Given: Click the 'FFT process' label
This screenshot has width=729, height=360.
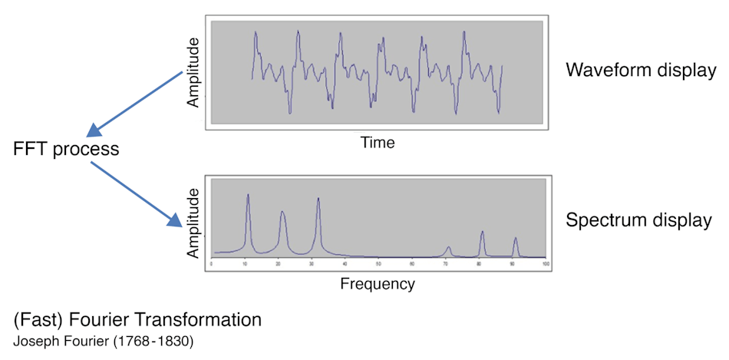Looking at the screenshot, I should [x=66, y=149].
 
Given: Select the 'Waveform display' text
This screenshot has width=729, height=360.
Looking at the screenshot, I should [x=640, y=70].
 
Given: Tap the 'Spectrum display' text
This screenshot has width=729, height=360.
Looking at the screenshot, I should [x=638, y=220].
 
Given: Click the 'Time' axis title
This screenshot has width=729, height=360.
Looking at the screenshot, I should [x=377, y=142].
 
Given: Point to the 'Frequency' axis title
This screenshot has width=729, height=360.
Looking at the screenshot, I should [x=377, y=284].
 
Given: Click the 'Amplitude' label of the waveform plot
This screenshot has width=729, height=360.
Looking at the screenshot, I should [x=194, y=71].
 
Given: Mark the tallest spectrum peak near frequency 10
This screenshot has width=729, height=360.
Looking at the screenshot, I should [x=247, y=196].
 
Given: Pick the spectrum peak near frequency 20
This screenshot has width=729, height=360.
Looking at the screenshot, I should [x=282, y=213].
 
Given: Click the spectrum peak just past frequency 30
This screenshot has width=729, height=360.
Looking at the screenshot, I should [x=318, y=200].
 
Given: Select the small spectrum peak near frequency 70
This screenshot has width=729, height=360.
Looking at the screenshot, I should [x=448, y=247].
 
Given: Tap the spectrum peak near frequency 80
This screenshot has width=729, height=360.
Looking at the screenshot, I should [x=482, y=233].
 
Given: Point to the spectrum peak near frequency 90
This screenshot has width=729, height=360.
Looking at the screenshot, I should [x=515, y=239].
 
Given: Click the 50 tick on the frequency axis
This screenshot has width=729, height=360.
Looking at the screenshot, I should [x=378, y=264].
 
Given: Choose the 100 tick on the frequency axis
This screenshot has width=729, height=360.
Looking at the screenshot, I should [x=545, y=264].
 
